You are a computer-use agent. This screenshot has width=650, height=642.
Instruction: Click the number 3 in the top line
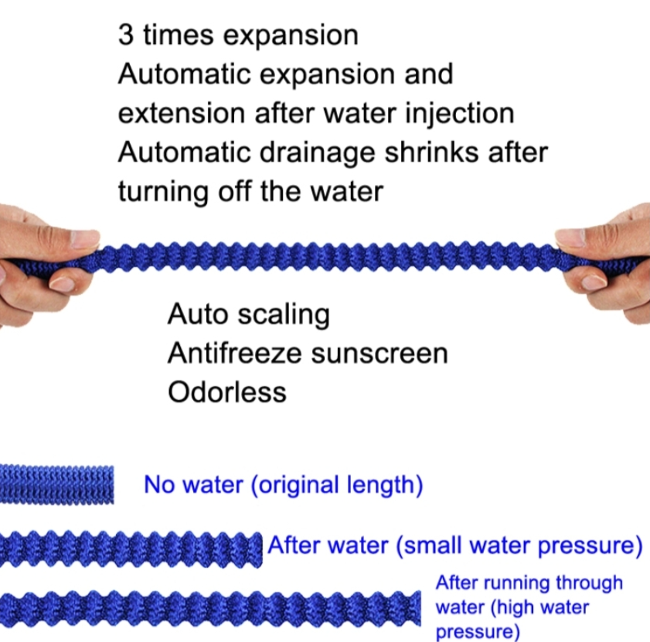pos(126,35)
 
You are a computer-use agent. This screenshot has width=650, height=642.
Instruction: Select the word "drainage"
pos(317,153)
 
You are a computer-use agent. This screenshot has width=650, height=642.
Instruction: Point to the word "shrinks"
pos(431,152)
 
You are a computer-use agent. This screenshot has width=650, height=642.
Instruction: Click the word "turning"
pos(163,192)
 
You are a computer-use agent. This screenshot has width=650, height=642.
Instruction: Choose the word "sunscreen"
pos(379,355)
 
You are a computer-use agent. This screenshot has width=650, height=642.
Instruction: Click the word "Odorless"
pos(227,392)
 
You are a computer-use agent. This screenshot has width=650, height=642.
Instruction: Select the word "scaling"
pos(284,315)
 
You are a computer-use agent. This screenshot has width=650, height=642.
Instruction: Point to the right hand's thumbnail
pos(570,237)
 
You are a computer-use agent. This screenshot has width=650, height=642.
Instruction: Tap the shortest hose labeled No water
pos(56,484)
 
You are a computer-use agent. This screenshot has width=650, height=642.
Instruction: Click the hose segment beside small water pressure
pos(131,548)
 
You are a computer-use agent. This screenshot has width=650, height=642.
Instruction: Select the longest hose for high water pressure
pos(210,608)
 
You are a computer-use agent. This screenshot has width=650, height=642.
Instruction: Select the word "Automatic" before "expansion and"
pos(184,74)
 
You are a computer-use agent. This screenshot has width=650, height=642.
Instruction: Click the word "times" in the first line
pos(179,35)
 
